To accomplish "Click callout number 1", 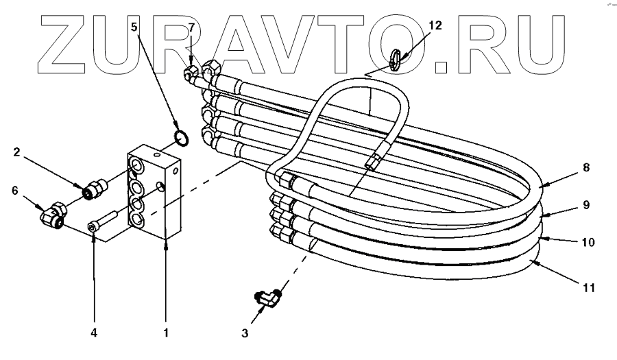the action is (166, 333).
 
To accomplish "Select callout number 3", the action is (245, 335).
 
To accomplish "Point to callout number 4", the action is (94, 333).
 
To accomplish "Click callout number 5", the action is (135, 28).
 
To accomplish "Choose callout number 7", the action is (191, 27).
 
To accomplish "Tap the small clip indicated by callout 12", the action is (396, 59).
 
